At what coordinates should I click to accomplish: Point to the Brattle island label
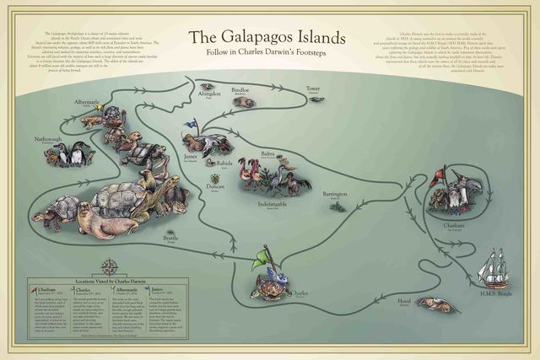(171, 239)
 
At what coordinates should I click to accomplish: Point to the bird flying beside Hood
(436, 305)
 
